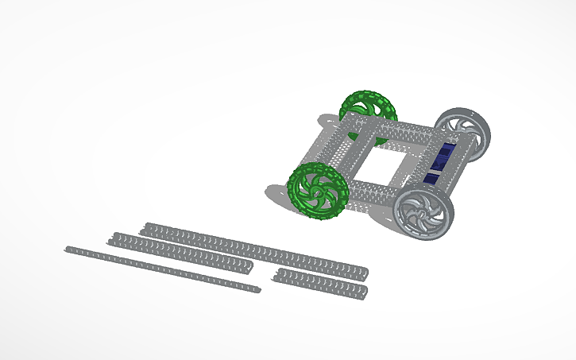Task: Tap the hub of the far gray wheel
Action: point(462,133)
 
